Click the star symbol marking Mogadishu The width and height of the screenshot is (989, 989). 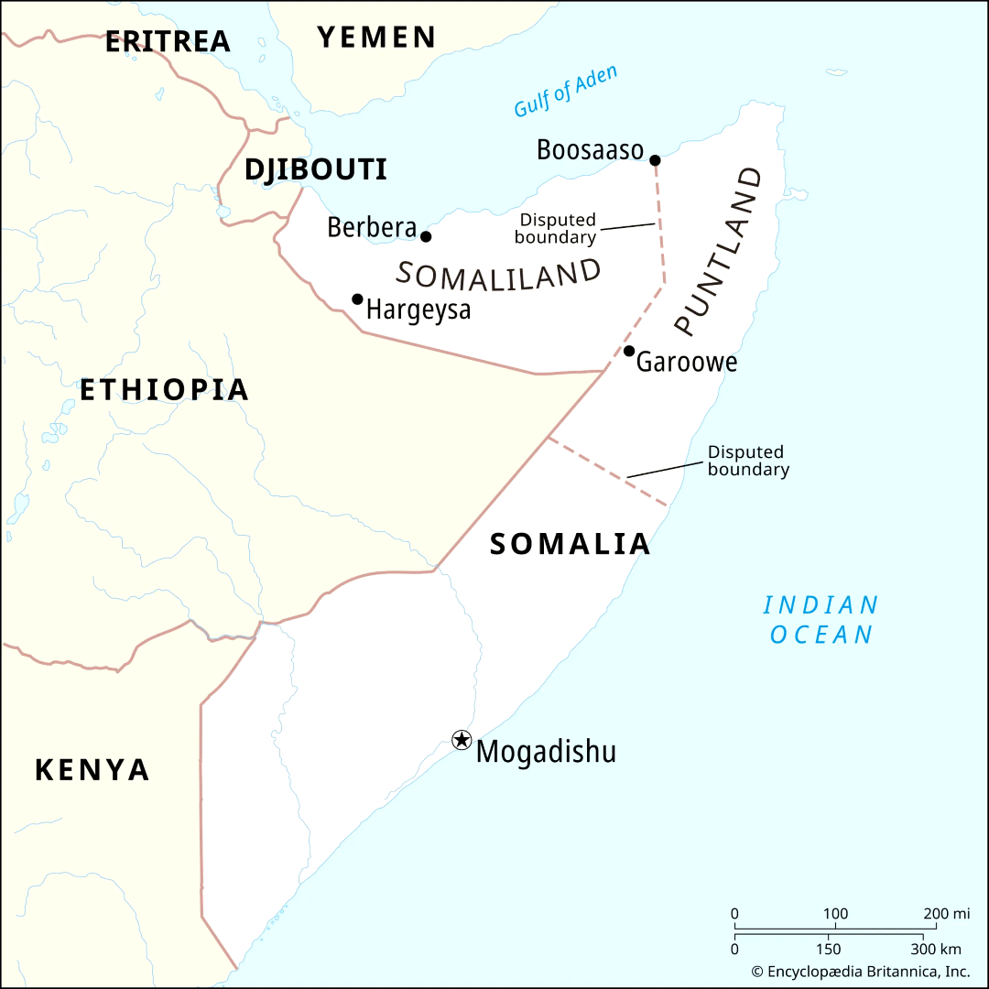coord(462,739)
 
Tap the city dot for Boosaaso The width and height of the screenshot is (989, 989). coord(655,160)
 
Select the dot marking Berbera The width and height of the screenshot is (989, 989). coord(426,236)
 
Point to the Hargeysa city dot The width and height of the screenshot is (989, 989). coord(357,299)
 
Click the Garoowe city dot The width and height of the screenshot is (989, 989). coord(629,351)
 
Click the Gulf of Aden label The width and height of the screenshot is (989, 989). coord(565,92)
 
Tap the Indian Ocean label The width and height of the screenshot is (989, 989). coord(821,620)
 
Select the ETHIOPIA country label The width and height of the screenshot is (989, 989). coord(164,390)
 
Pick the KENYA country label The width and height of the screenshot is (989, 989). coord(92,770)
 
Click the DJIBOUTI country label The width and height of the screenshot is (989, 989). coord(316,169)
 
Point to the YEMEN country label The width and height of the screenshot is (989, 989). coord(376,38)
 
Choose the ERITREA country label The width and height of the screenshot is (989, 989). coord(168,41)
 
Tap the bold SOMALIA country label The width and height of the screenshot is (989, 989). coord(570,544)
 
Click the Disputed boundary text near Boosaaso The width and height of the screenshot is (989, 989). coord(556,229)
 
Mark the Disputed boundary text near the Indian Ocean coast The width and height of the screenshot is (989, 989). coord(747,461)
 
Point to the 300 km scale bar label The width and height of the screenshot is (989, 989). coord(935,949)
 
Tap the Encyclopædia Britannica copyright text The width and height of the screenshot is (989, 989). coord(860,972)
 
